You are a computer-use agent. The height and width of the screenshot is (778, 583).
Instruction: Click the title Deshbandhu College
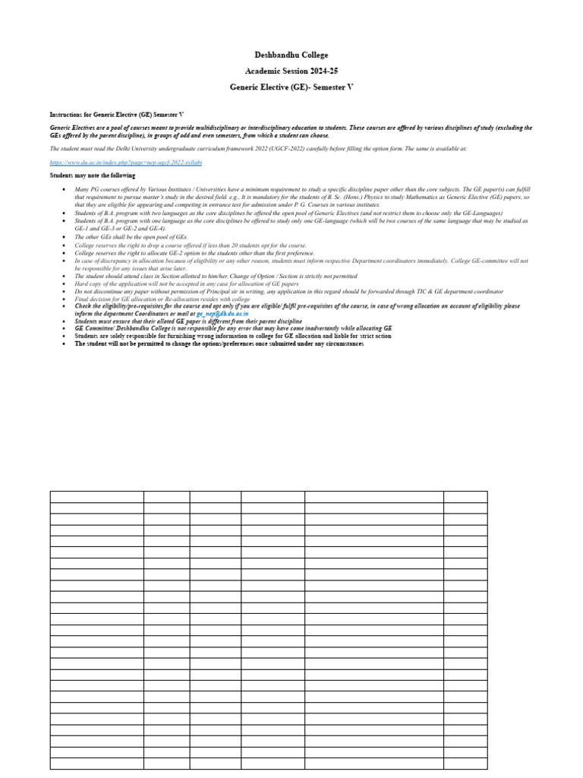pos(291,55)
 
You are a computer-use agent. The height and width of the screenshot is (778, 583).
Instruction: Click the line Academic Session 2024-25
pos(291,71)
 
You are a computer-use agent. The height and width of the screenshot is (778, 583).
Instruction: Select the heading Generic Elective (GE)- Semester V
pos(291,87)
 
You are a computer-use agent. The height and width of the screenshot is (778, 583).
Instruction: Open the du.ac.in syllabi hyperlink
pos(126,162)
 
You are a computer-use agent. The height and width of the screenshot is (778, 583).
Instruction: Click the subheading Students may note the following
pos(93,176)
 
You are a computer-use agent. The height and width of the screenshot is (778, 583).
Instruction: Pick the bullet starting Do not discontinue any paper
pos(288,291)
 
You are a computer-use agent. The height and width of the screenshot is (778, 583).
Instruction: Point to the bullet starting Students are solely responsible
pos(232,336)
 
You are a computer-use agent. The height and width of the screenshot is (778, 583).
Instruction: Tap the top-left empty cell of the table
pos(97,497)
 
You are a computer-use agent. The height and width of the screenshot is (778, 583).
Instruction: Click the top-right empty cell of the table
pos(465,497)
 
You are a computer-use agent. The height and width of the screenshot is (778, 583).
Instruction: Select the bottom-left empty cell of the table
pos(97,763)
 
